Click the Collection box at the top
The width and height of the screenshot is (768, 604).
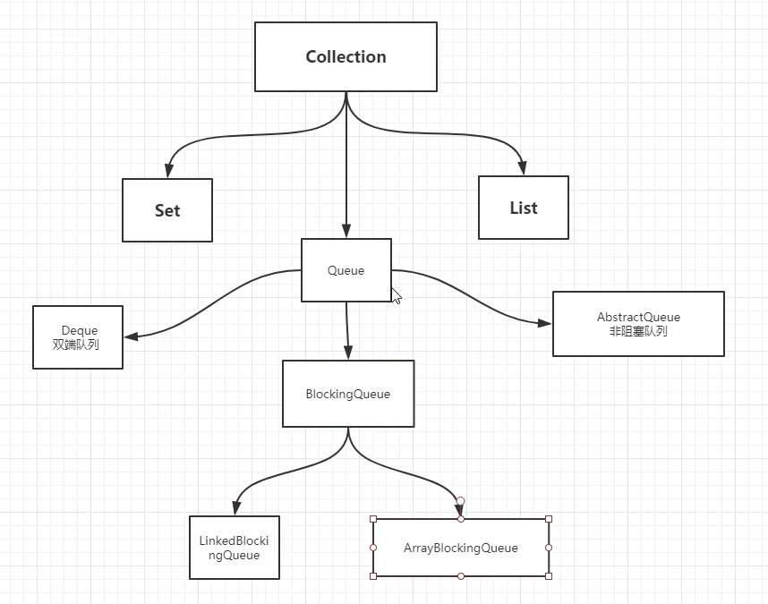pos(346,56)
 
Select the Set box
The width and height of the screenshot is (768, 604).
pos(167,210)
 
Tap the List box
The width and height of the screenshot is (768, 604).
pos(524,208)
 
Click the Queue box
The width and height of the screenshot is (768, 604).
pos(346,270)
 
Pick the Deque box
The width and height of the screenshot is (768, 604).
pos(78,337)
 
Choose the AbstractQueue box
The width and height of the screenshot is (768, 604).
pos(638,324)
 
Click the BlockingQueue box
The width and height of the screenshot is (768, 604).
pos(348,394)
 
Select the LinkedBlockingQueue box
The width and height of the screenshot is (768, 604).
pos(235,548)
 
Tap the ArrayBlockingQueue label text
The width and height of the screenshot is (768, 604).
pos(460,548)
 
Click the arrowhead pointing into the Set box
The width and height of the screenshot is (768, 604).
pos(167,171)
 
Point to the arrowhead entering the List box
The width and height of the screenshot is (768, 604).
pos(523,167)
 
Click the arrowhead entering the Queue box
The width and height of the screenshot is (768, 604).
pos(346,231)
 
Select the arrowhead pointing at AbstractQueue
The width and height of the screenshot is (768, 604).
pos(544,323)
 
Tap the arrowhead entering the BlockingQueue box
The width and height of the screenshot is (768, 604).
pos(348,353)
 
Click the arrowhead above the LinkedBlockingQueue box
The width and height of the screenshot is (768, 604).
pos(235,508)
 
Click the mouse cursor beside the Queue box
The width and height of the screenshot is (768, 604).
pos(396,295)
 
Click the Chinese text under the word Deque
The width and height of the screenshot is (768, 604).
pos(76,344)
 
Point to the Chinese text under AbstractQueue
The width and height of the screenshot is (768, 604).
pos(638,331)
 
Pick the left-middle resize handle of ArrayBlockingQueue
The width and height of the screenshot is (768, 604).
pos(373,548)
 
